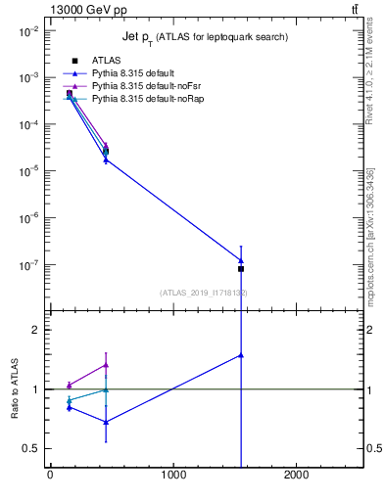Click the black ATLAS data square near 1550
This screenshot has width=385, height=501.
(241, 268)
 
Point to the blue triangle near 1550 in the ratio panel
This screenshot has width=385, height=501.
(241, 355)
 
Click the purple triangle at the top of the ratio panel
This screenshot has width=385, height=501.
(106, 365)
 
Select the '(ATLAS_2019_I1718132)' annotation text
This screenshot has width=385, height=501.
(203, 293)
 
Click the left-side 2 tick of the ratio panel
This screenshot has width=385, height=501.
(36, 330)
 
